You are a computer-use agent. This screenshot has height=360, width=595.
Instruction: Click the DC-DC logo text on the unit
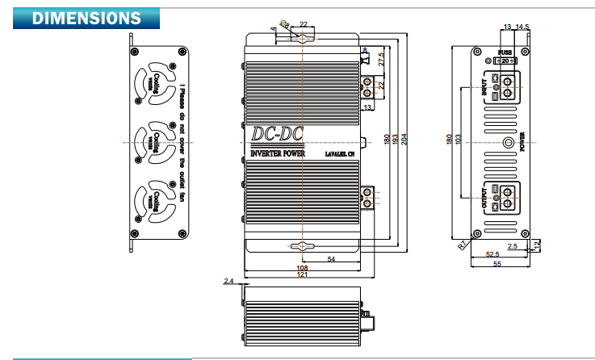click(x=276, y=134)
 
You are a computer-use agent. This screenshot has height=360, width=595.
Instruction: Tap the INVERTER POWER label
click(x=277, y=153)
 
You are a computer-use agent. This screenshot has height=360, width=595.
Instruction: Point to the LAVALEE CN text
click(x=339, y=153)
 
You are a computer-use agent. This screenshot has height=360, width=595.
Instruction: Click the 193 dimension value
click(x=396, y=140)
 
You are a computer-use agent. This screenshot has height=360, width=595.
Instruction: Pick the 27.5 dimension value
click(x=381, y=59)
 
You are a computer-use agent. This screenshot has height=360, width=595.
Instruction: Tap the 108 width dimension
click(x=302, y=267)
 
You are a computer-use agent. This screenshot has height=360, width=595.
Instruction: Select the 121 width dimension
click(x=302, y=276)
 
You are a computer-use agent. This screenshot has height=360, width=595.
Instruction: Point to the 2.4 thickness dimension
click(x=228, y=281)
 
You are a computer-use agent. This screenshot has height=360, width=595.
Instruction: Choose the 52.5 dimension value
click(x=491, y=254)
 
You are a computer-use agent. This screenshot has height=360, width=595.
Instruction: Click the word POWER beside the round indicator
click(x=522, y=144)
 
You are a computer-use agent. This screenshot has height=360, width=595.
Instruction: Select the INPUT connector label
click(x=484, y=85)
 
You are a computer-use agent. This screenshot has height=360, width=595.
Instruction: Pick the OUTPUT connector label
click(x=484, y=196)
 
